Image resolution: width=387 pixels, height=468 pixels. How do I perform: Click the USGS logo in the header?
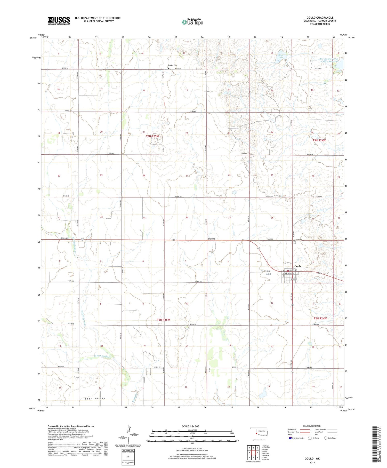coord(59,20)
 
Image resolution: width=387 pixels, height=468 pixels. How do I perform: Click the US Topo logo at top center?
coord(192,22)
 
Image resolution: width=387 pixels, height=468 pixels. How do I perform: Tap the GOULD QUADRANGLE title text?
coord(320,18)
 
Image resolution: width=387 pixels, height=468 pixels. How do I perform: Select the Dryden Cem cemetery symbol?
coord(168,68)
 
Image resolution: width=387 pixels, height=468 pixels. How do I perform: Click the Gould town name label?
coord(298,266)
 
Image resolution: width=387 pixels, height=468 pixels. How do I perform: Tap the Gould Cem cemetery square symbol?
coord(295,242)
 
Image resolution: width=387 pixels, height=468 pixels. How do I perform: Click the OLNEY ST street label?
coord(293,270)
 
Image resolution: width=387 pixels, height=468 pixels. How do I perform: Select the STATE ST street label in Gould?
coord(294,279)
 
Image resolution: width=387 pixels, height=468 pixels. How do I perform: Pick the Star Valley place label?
coord(95,399)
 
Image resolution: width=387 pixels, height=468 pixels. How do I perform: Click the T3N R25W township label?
coord(152,136)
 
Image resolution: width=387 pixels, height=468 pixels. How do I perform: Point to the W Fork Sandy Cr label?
coord(102,357)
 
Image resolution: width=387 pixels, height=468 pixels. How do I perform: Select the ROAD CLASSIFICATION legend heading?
coord(312,426)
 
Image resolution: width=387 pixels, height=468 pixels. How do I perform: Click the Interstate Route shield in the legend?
coord(290,438)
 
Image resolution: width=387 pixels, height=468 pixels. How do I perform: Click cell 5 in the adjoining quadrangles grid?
coord(257,453)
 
